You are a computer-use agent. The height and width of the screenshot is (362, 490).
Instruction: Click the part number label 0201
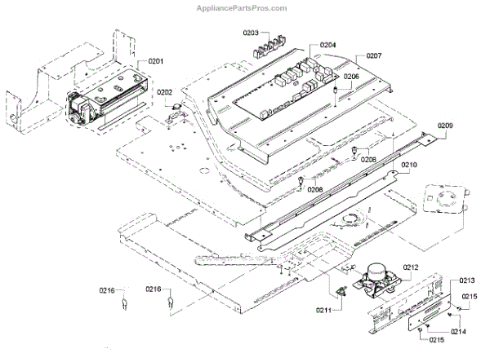(x=155, y=61)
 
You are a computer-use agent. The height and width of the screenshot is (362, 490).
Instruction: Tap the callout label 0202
(x=165, y=92)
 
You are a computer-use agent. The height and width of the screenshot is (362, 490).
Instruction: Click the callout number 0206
(x=350, y=77)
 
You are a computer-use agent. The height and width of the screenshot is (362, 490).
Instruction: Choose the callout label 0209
(x=445, y=126)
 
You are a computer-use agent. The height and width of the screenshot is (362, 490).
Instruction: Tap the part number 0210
(x=409, y=164)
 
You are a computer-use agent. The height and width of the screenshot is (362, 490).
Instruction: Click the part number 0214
(x=459, y=332)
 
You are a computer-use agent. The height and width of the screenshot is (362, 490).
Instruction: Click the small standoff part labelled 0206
(x=336, y=88)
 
